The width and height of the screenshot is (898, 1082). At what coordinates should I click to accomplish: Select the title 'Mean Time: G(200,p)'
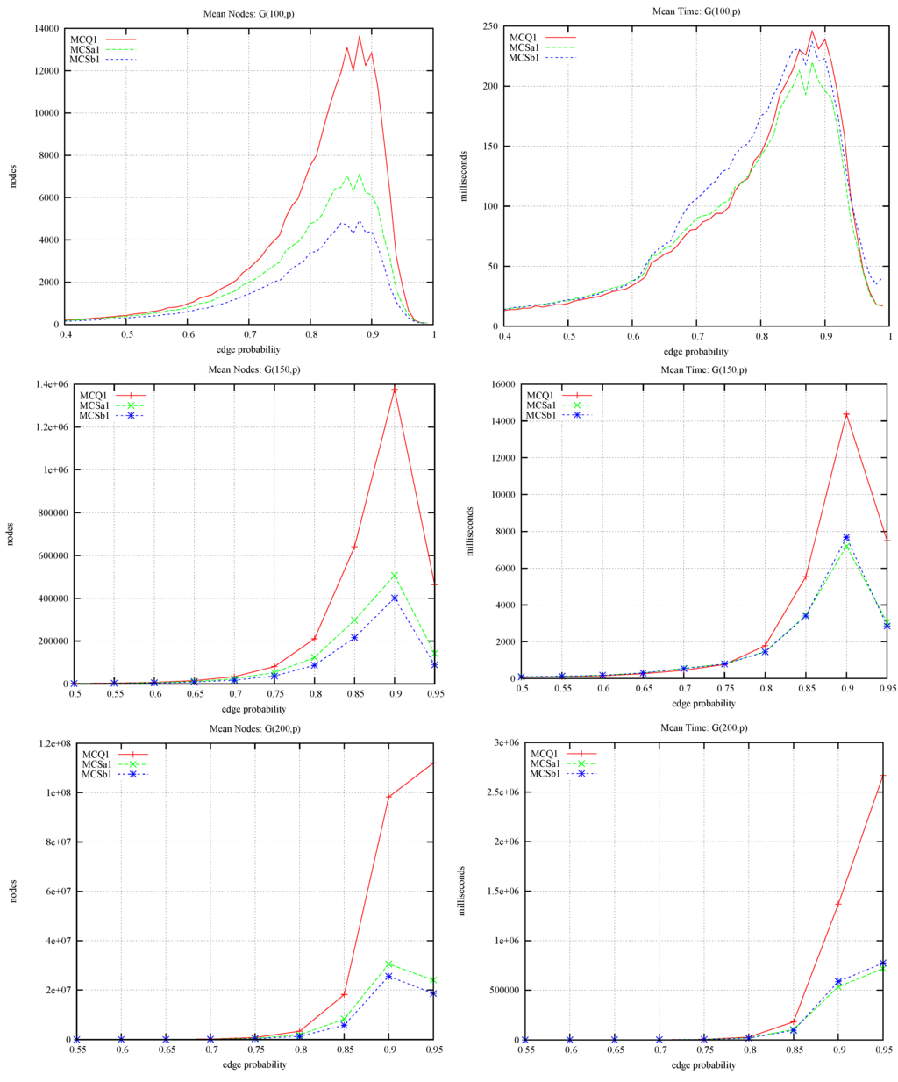tap(703, 727)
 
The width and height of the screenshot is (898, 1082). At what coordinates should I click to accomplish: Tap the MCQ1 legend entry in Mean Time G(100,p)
tap(527, 37)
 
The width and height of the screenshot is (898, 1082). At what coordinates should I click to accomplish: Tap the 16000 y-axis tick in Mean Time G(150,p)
tap(500, 384)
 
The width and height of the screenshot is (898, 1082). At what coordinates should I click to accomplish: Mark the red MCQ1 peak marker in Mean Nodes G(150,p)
tap(395, 390)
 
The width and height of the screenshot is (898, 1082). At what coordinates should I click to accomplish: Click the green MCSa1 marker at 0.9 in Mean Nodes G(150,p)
tap(395, 576)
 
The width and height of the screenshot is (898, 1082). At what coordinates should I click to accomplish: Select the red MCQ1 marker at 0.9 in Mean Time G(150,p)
tap(846, 414)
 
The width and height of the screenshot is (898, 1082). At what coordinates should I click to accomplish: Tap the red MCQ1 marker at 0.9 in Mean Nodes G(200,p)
tap(388, 797)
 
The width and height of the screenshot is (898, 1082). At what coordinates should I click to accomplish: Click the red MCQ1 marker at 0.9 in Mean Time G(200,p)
tap(839, 904)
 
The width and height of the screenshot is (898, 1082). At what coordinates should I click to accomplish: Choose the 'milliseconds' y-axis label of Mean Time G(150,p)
tap(471, 532)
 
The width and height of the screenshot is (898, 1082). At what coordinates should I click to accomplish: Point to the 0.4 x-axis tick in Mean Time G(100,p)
tap(505, 336)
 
